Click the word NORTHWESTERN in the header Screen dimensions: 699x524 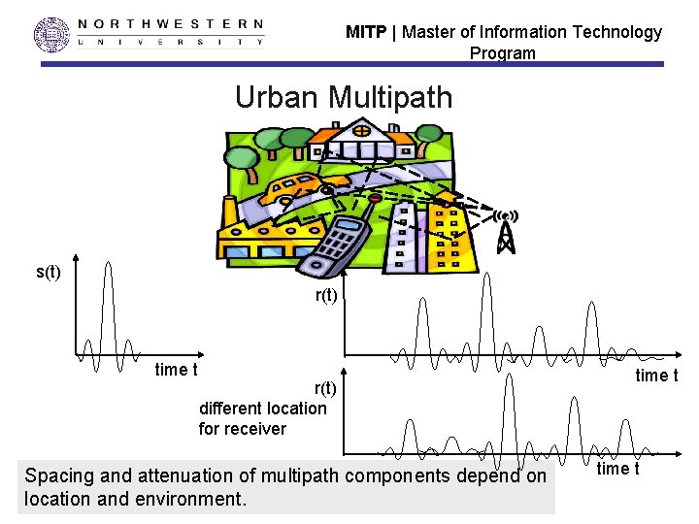click(x=169, y=23)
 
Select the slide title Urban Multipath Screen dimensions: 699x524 click(x=344, y=97)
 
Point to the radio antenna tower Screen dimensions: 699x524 click(x=505, y=232)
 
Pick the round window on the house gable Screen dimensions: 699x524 click(x=360, y=129)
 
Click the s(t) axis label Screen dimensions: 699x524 click(x=49, y=272)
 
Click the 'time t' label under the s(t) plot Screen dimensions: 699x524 click(x=176, y=369)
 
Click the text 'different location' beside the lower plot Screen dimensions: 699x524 click(x=262, y=409)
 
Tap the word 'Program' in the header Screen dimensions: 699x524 click(x=502, y=53)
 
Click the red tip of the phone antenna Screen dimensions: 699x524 click(x=375, y=198)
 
